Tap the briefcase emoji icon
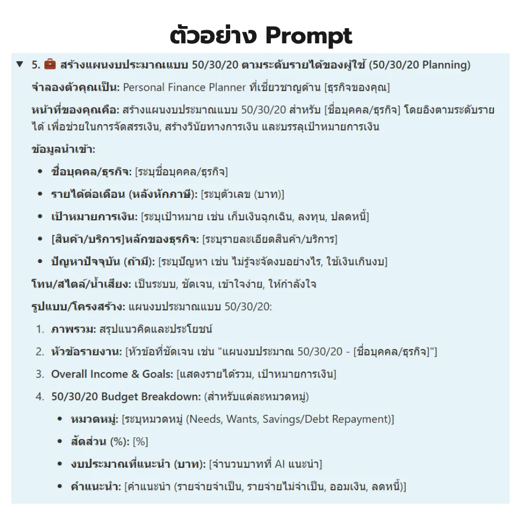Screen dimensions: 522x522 coord(50,65)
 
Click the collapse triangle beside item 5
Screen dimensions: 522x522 coord(20,65)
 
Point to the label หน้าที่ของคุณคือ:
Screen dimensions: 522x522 coord(75,110)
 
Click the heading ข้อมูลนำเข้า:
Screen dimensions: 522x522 coord(63,149)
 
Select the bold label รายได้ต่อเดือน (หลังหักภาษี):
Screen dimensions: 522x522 coord(124,194)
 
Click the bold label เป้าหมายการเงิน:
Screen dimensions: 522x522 coord(94,217)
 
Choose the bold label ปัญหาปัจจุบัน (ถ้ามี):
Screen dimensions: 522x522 coord(103,262)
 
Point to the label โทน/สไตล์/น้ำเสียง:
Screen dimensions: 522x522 coord(81,284)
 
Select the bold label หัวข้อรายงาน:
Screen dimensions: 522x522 coord(87,352)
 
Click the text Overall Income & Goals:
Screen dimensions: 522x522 coord(112,374)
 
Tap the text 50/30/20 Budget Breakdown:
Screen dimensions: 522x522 coord(125,397)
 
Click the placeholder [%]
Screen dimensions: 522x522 coord(140,442)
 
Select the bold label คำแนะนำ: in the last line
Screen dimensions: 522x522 coord(96,487)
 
